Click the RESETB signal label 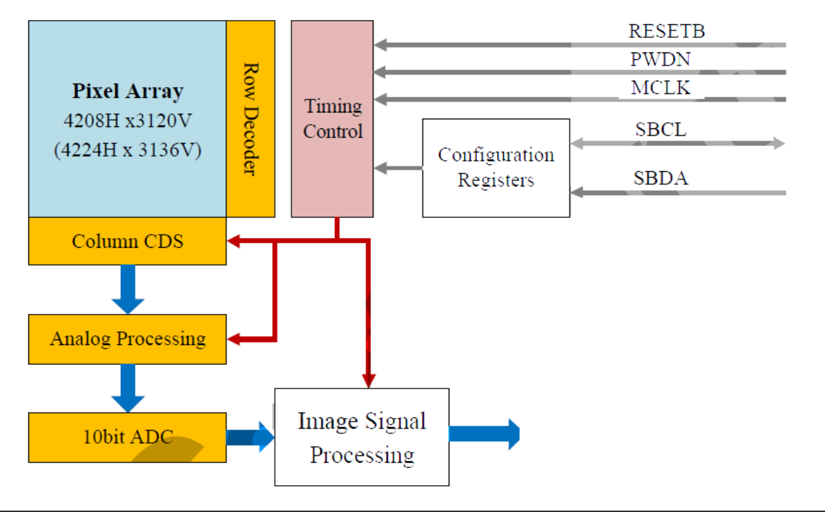pyautogui.click(x=666, y=31)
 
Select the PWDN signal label pyautogui.click(x=660, y=59)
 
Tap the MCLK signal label pyautogui.click(x=660, y=88)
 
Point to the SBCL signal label pyautogui.click(x=661, y=129)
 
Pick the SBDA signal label pyautogui.click(x=661, y=179)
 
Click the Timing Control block pyautogui.click(x=332, y=119)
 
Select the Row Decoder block pyautogui.click(x=251, y=119)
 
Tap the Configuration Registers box pyautogui.click(x=496, y=168)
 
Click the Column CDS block pyautogui.click(x=127, y=241)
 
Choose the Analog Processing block pyautogui.click(x=127, y=339)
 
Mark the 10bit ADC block pyautogui.click(x=127, y=437)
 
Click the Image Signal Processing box pyautogui.click(x=362, y=437)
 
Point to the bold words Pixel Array pyautogui.click(x=128, y=91)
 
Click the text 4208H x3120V pyautogui.click(x=128, y=121)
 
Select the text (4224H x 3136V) pyautogui.click(x=128, y=150)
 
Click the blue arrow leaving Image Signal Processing pyautogui.click(x=484, y=434)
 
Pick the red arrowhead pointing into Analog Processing pyautogui.click(x=235, y=339)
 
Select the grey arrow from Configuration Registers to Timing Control pyautogui.click(x=398, y=168)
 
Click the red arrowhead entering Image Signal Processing pyautogui.click(x=369, y=380)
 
